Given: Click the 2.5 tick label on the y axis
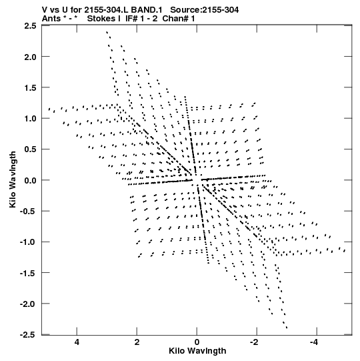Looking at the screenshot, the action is point(30,25).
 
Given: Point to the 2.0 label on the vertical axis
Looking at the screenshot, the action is point(30,57).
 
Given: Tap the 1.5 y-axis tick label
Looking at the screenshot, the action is point(30,87).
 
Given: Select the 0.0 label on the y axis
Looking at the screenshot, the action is point(30,180).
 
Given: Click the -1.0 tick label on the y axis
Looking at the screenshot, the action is point(28,242).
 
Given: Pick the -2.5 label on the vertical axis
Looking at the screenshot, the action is point(28,335).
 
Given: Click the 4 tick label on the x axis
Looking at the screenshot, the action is point(77,342).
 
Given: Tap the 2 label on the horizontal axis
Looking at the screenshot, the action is point(137,342).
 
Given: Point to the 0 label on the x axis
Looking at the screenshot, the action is point(197,342).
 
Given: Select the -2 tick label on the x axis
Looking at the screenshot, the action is point(255,342).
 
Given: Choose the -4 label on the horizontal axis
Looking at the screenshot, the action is point(315,342).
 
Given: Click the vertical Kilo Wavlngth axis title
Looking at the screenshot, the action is point(13,179).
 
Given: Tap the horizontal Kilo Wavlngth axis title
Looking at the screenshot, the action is point(197,351).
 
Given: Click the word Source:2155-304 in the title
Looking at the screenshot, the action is point(204,10).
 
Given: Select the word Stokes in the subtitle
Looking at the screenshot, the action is point(101,19).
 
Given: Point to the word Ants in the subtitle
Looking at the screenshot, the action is point(50,19).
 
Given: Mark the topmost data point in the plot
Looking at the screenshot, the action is point(107,32).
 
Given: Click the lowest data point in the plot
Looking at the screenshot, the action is point(287,328).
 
